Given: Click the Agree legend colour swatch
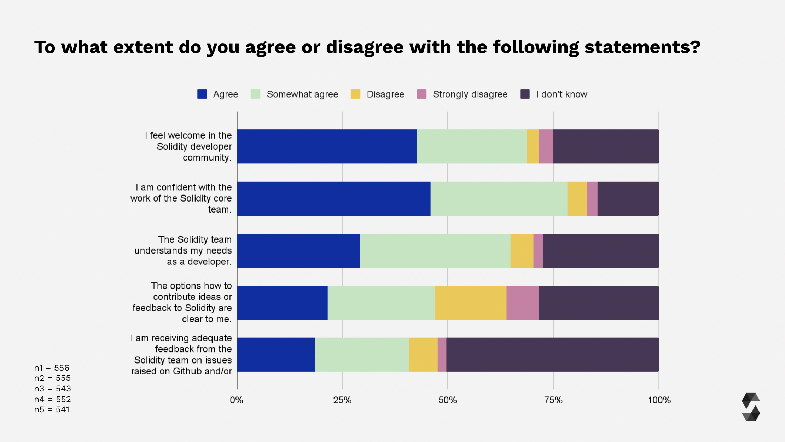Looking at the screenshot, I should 202,94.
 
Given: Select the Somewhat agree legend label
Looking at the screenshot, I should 302,94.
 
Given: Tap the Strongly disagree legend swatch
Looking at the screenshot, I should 421,94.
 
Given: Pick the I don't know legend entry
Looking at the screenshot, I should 561,94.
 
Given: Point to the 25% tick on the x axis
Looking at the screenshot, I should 342,400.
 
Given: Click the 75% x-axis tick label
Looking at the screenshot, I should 553,400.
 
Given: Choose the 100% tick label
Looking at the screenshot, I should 659,400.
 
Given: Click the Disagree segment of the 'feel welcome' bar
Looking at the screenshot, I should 533,146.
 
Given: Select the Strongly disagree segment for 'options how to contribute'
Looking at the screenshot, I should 523,303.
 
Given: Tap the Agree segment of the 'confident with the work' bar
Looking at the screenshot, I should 333,198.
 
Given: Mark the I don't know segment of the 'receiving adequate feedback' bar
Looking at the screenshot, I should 552,354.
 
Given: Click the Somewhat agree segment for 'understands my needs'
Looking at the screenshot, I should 435,251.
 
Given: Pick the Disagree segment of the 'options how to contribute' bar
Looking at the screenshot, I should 471,303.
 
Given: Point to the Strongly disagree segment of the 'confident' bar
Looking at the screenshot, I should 592,198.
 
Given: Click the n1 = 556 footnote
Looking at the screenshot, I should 52,368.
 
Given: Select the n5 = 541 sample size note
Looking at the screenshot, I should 52,409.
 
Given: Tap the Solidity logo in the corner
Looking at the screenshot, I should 751,407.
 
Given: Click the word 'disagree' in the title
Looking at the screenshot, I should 365,47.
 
